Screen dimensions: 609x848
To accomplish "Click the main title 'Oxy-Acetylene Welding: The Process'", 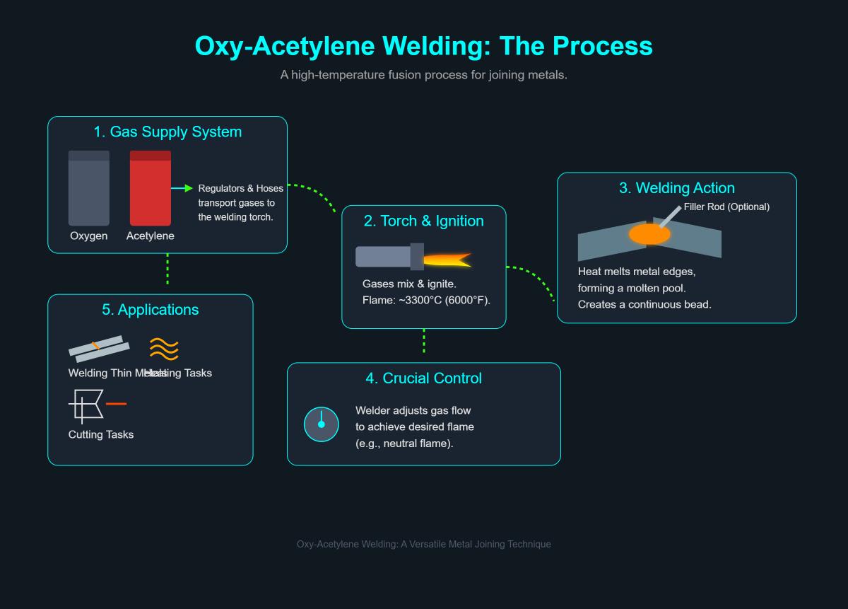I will click(x=423, y=46).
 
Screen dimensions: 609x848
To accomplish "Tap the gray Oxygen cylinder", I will click(x=89, y=188).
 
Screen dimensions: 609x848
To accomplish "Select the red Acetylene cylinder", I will click(x=150, y=188).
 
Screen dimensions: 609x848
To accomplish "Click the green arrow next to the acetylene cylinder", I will click(x=182, y=188).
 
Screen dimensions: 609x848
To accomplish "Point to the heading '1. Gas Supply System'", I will click(x=167, y=132).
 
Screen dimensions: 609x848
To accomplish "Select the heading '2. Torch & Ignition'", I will click(x=424, y=221).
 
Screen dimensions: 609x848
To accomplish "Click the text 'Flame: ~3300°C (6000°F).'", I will click(x=426, y=301).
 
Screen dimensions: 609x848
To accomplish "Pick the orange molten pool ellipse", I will click(x=649, y=234).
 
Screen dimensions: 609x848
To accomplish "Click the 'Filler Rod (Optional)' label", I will click(x=726, y=207).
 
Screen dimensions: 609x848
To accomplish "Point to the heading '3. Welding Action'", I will click(x=677, y=188).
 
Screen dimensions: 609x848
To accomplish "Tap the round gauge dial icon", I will click(x=322, y=424).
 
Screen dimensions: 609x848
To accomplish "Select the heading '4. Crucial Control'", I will click(x=424, y=378).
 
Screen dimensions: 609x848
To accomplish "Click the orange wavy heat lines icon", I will click(x=164, y=349).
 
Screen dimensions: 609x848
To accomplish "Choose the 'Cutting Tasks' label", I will click(x=101, y=435).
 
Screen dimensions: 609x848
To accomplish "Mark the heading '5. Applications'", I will click(x=151, y=310).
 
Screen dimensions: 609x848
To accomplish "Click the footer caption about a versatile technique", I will click(x=424, y=544).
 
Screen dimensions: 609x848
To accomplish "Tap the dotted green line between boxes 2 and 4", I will click(x=424, y=341).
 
